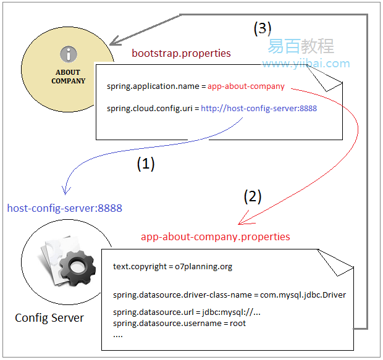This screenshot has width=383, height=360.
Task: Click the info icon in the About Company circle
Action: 69,54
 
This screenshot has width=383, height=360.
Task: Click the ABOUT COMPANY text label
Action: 68,77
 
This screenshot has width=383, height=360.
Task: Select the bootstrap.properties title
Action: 181,53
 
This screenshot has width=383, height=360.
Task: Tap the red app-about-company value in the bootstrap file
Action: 246,86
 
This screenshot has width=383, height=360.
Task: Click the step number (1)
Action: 145,164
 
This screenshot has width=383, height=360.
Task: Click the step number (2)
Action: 253,197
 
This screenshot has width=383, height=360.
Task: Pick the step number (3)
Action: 263,28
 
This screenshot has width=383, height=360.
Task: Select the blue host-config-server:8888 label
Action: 64,208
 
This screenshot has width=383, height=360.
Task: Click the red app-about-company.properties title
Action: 215,237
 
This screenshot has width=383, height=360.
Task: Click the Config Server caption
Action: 49,319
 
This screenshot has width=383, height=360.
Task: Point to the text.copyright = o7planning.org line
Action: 172,267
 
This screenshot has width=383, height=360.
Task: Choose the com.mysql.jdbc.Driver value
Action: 302,295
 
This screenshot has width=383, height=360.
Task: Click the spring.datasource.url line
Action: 187,312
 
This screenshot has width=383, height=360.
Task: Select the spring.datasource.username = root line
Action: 179,323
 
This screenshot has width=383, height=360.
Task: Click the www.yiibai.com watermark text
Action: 306,64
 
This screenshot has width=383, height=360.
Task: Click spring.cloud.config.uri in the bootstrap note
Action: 146,109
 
